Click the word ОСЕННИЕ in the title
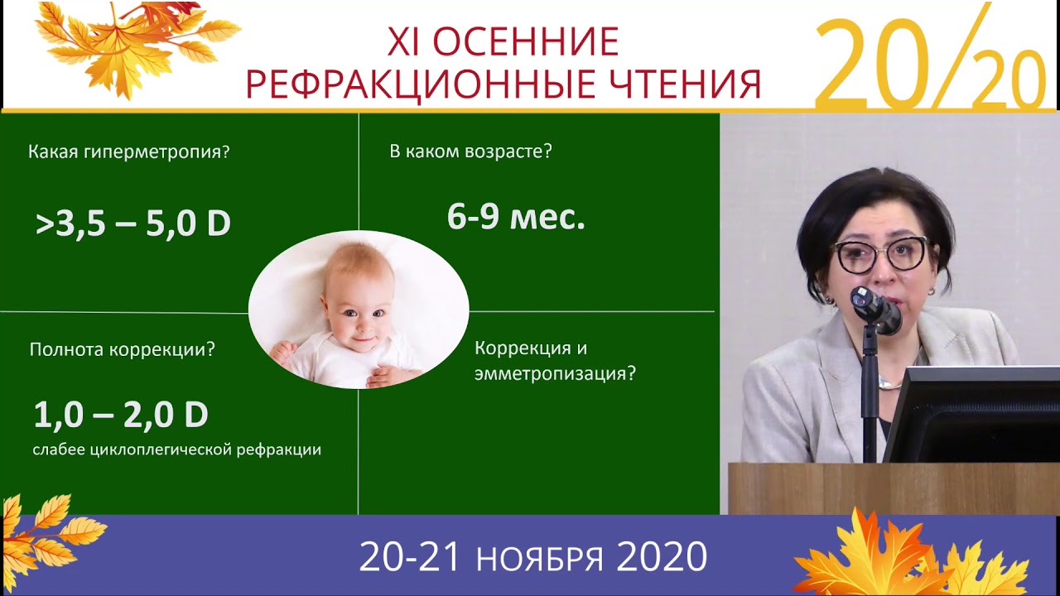pyautogui.click(x=525, y=42)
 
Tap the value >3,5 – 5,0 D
pyautogui.click(x=132, y=224)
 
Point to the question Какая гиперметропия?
pyautogui.click(x=128, y=152)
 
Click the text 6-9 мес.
pyautogui.click(x=516, y=217)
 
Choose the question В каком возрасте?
pyautogui.click(x=470, y=152)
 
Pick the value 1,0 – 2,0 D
pyautogui.click(x=121, y=415)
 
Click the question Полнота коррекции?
pyautogui.click(x=122, y=349)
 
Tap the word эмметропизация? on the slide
pyautogui.click(x=555, y=373)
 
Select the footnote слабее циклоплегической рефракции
pyautogui.click(x=176, y=450)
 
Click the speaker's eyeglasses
pyautogui.click(x=881, y=255)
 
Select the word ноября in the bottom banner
pyautogui.click(x=539, y=559)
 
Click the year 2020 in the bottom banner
pyautogui.click(x=662, y=558)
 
